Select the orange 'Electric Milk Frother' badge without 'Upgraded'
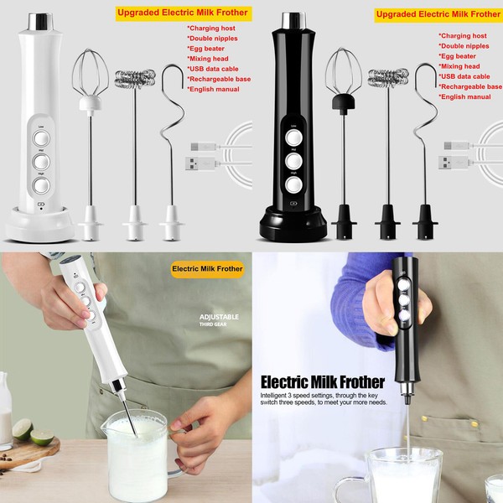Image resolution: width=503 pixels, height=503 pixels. (207, 269)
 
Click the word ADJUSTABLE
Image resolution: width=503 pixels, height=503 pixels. (219, 317)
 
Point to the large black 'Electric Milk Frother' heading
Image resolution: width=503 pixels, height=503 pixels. (322, 383)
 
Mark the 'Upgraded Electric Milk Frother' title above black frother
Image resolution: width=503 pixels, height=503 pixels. (438, 14)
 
